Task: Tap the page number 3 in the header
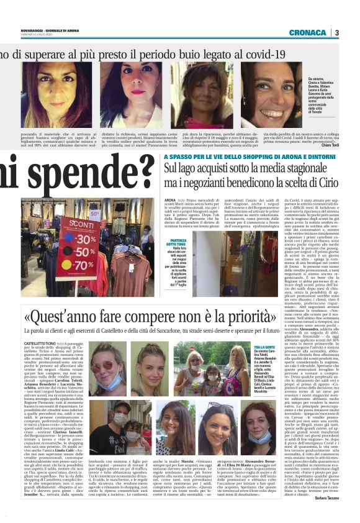[336, 32]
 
